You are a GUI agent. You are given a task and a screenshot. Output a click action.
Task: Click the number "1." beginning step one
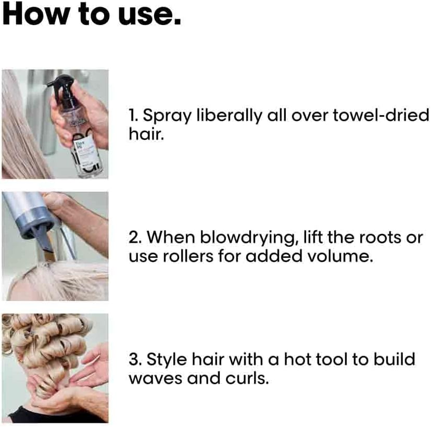pyautogui.click(x=134, y=116)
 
